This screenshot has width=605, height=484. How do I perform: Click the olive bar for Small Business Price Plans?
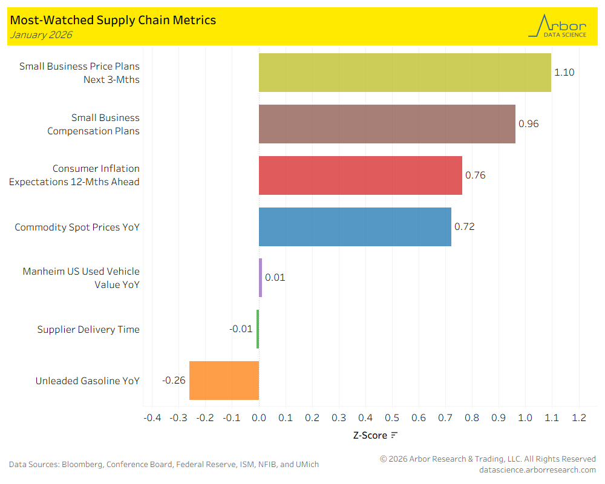click(x=405, y=73)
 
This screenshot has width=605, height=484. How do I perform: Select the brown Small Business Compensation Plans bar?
click(x=387, y=124)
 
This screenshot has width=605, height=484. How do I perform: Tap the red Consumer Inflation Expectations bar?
click(x=361, y=175)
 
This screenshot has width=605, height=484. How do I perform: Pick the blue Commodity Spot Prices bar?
click(x=355, y=227)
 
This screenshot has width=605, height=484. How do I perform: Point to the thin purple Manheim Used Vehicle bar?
click(x=260, y=278)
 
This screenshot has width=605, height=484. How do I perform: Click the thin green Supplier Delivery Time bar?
click(x=258, y=329)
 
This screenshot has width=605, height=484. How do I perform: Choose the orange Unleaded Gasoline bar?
click(x=224, y=381)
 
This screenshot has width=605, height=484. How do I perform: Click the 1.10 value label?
click(x=564, y=73)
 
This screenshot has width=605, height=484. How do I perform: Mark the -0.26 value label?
click(x=174, y=381)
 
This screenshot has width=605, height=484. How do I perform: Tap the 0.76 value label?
click(x=475, y=175)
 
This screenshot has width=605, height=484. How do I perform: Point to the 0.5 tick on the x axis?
click(x=392, y=418)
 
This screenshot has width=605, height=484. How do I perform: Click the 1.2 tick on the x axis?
click(x=579, y=418)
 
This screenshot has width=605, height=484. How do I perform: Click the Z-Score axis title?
click(x=370, y=435)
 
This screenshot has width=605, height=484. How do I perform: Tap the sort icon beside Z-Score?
click(x=394, y=435)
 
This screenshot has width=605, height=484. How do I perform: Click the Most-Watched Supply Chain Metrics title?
click(x=113, y=20)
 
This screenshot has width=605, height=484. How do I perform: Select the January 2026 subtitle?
click(x=41, y=35)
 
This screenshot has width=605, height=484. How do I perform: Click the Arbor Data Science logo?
click(x=558, y=27)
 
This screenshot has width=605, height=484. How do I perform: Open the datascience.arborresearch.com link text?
click(x=537, y=469)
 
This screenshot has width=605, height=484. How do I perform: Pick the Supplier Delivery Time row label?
click(x=88, y=330)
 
